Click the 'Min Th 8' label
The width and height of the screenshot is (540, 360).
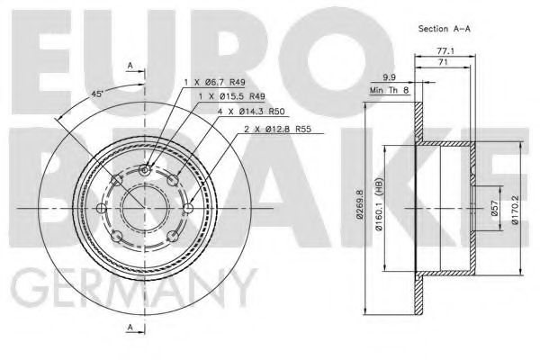point(389,90)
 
